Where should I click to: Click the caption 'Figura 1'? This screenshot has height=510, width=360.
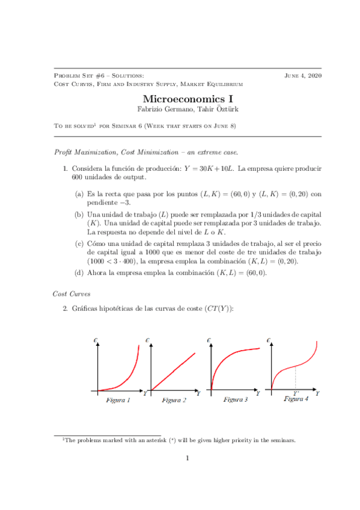coord(118,400)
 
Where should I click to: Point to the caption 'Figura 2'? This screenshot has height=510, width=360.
coord(174,400)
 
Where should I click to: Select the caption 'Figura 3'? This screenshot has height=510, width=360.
coord(236,399)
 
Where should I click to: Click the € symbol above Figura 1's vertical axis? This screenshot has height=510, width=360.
coord(96,341)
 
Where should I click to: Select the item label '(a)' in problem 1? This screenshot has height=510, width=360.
coord(79,194)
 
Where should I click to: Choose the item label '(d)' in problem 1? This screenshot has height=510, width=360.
coord(79,272)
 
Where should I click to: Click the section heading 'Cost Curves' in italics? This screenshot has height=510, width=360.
coord(72,293)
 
